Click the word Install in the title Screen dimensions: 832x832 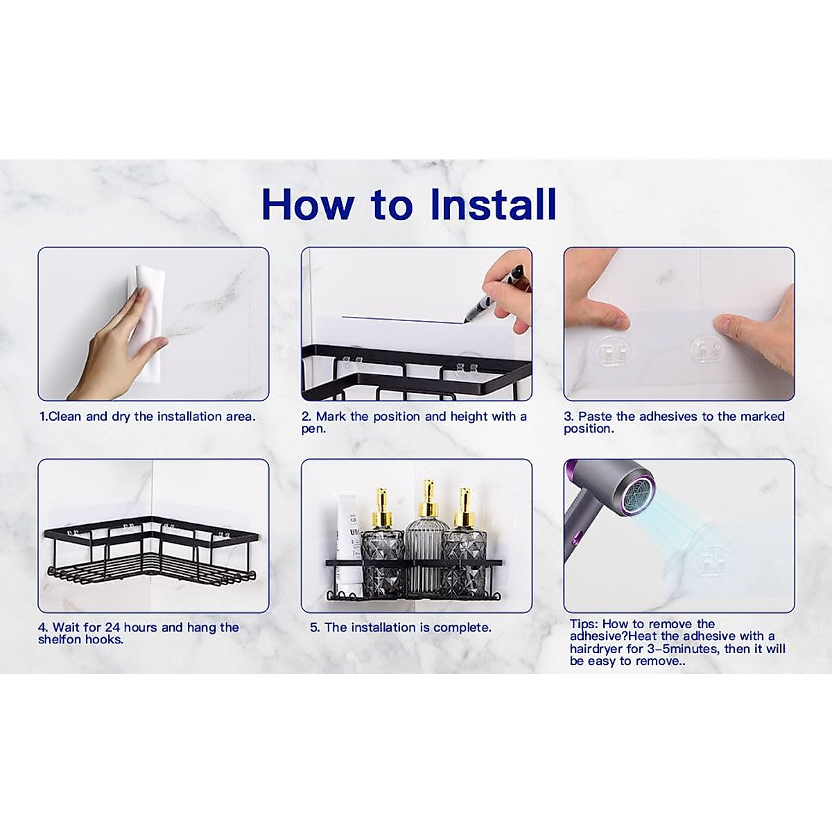coord(494,204)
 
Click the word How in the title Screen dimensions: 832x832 coord(309,205)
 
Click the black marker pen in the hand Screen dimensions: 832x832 coord(496,293)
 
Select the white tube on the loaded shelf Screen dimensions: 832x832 coord(349,541)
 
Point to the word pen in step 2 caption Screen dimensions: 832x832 coord(313,430)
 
